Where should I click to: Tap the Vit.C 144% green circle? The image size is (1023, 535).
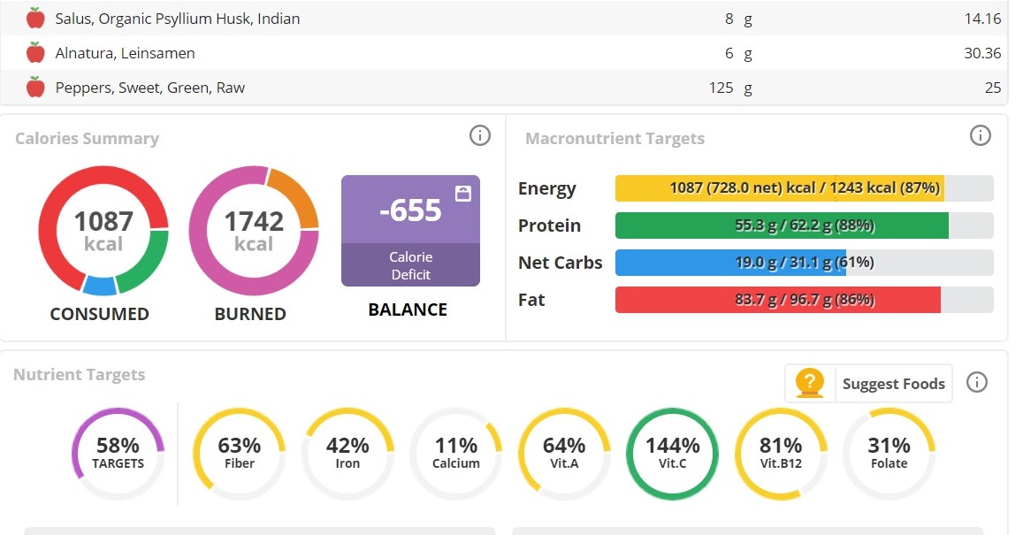(672, 453)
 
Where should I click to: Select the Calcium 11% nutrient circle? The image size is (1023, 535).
(456, 453)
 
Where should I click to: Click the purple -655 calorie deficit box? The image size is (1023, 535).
(410, 231)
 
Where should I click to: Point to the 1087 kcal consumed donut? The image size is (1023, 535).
(103, 230)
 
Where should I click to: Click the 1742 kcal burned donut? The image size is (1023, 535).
(254, 230)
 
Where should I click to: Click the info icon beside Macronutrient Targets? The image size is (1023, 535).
(980, 135)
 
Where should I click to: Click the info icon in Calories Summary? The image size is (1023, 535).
(479, 135)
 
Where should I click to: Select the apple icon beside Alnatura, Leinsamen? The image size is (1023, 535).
(35, 53)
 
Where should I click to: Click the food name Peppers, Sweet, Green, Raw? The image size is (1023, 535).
(149, 88)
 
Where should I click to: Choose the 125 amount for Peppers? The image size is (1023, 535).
(721, 88)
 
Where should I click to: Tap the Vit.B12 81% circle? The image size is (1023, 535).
(781, 453)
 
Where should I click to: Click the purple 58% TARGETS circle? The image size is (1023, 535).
(118, 453)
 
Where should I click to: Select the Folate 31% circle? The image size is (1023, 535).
(889, 453)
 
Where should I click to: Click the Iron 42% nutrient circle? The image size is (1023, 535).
(347, 453)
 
